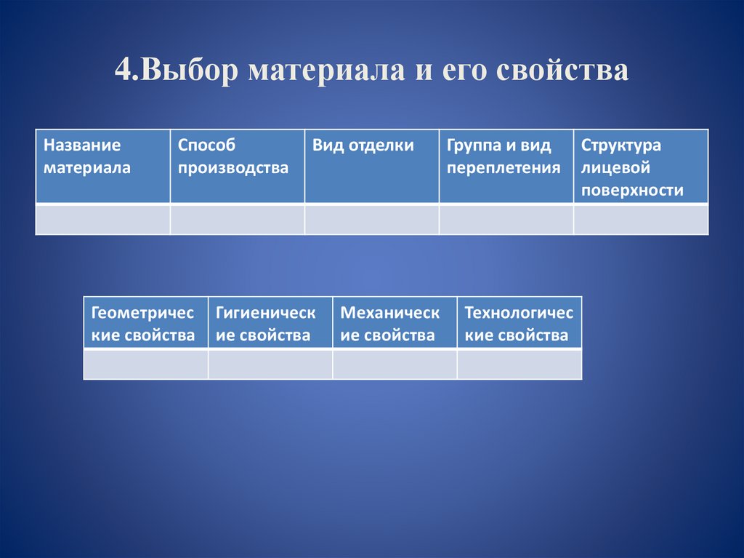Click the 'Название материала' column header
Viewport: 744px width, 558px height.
[102, 167]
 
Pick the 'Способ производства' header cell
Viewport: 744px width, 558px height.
[237, 167]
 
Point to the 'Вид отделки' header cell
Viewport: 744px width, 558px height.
[371, 167]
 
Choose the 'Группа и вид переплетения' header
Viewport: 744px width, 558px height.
[506, 167]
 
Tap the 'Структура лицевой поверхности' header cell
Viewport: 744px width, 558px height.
[641, 167]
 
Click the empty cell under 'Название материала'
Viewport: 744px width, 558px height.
[102, 220]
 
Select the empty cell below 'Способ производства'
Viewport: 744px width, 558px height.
[237, 220]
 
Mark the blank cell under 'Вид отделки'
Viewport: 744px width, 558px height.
[371, 220]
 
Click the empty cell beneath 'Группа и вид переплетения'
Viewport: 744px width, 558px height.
[506, 220]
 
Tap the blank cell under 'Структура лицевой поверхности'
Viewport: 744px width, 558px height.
[641, 220]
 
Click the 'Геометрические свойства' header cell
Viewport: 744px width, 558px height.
[145, 323]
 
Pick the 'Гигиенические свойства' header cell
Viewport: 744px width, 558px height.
[270, 323]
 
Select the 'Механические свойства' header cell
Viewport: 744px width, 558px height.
[395, 323]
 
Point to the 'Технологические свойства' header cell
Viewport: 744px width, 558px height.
[519, 323]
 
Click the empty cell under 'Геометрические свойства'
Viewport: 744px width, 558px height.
[145, 364]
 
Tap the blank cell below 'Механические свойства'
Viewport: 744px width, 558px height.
[395, 364]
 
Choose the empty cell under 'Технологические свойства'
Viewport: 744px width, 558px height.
[519, 364]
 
